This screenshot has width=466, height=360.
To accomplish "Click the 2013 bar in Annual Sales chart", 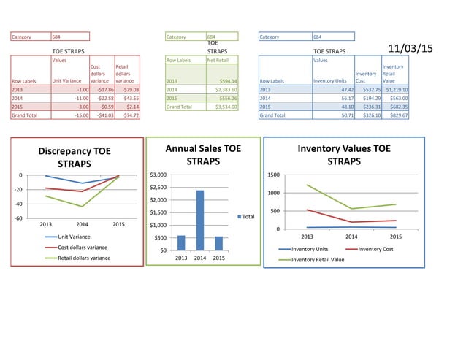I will (x=181, y=242).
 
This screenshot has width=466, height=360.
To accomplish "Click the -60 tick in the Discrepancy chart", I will (x=18, y=218).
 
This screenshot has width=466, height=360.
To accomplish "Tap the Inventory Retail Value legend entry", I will (x=318, y=259).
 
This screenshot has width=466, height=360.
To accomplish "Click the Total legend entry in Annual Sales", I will (x=248, y=217).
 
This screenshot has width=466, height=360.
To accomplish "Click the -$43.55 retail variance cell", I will (x=129, y=97).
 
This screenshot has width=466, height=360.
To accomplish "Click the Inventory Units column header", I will (x=329, y=80).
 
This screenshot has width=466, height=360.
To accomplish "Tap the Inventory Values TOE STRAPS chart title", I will (x=343, y=154).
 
